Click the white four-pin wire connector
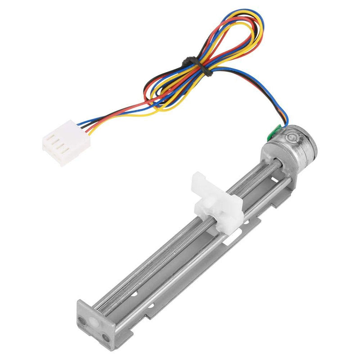click(66, 143)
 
